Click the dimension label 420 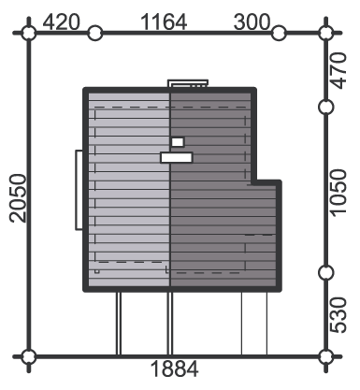[x=62, y=22]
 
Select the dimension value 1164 [x=164, y=22]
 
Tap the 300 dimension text [x=252, y=22]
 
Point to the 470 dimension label [x=338, y=71]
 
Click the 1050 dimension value [x=338, y=193]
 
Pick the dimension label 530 [x=338, y=315]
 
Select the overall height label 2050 [x=18, y=198]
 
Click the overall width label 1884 [x=174, y=369]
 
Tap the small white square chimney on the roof [x=178, y=142]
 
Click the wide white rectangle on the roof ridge [x=177, y=157]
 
